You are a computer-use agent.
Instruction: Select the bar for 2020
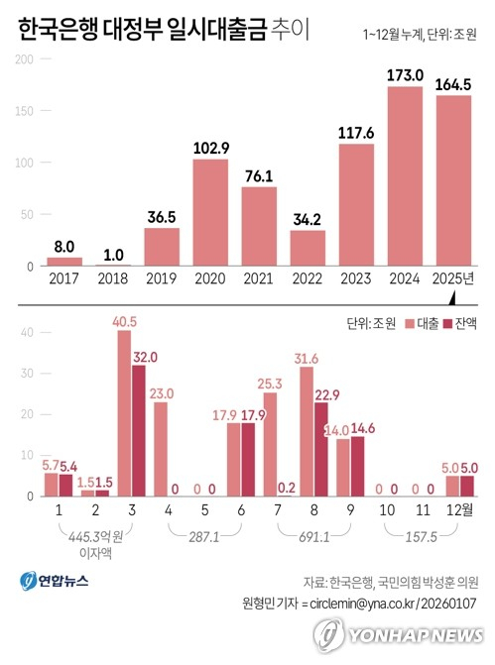[210, 212]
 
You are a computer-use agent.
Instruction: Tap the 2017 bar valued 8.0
[64, 262]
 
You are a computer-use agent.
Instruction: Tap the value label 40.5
[124, 321]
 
